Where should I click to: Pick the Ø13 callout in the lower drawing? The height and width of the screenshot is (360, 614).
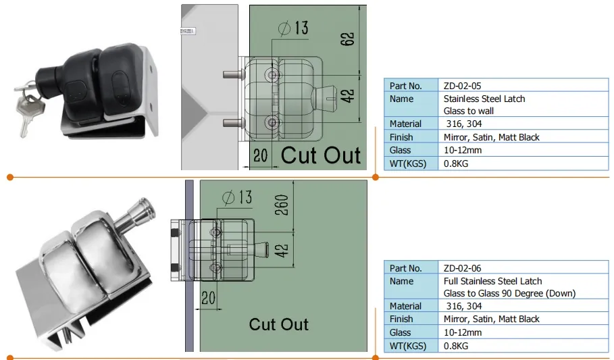(236, 197)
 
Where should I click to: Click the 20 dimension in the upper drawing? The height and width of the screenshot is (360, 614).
(260, 155)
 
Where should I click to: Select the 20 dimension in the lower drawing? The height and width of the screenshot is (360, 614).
(208, 297)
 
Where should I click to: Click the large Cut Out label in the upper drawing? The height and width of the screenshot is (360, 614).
(320, 155)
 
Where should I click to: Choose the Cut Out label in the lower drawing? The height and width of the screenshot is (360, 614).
(278, 324)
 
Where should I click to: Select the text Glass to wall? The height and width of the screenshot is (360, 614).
(469, 111)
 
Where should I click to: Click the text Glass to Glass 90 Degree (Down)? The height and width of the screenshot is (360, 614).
(509, 293)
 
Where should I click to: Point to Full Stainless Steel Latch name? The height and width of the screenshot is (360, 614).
(492, 281)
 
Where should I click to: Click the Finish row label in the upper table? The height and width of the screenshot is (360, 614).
(401, 137)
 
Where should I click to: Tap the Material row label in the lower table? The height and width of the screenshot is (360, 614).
(405, 306)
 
